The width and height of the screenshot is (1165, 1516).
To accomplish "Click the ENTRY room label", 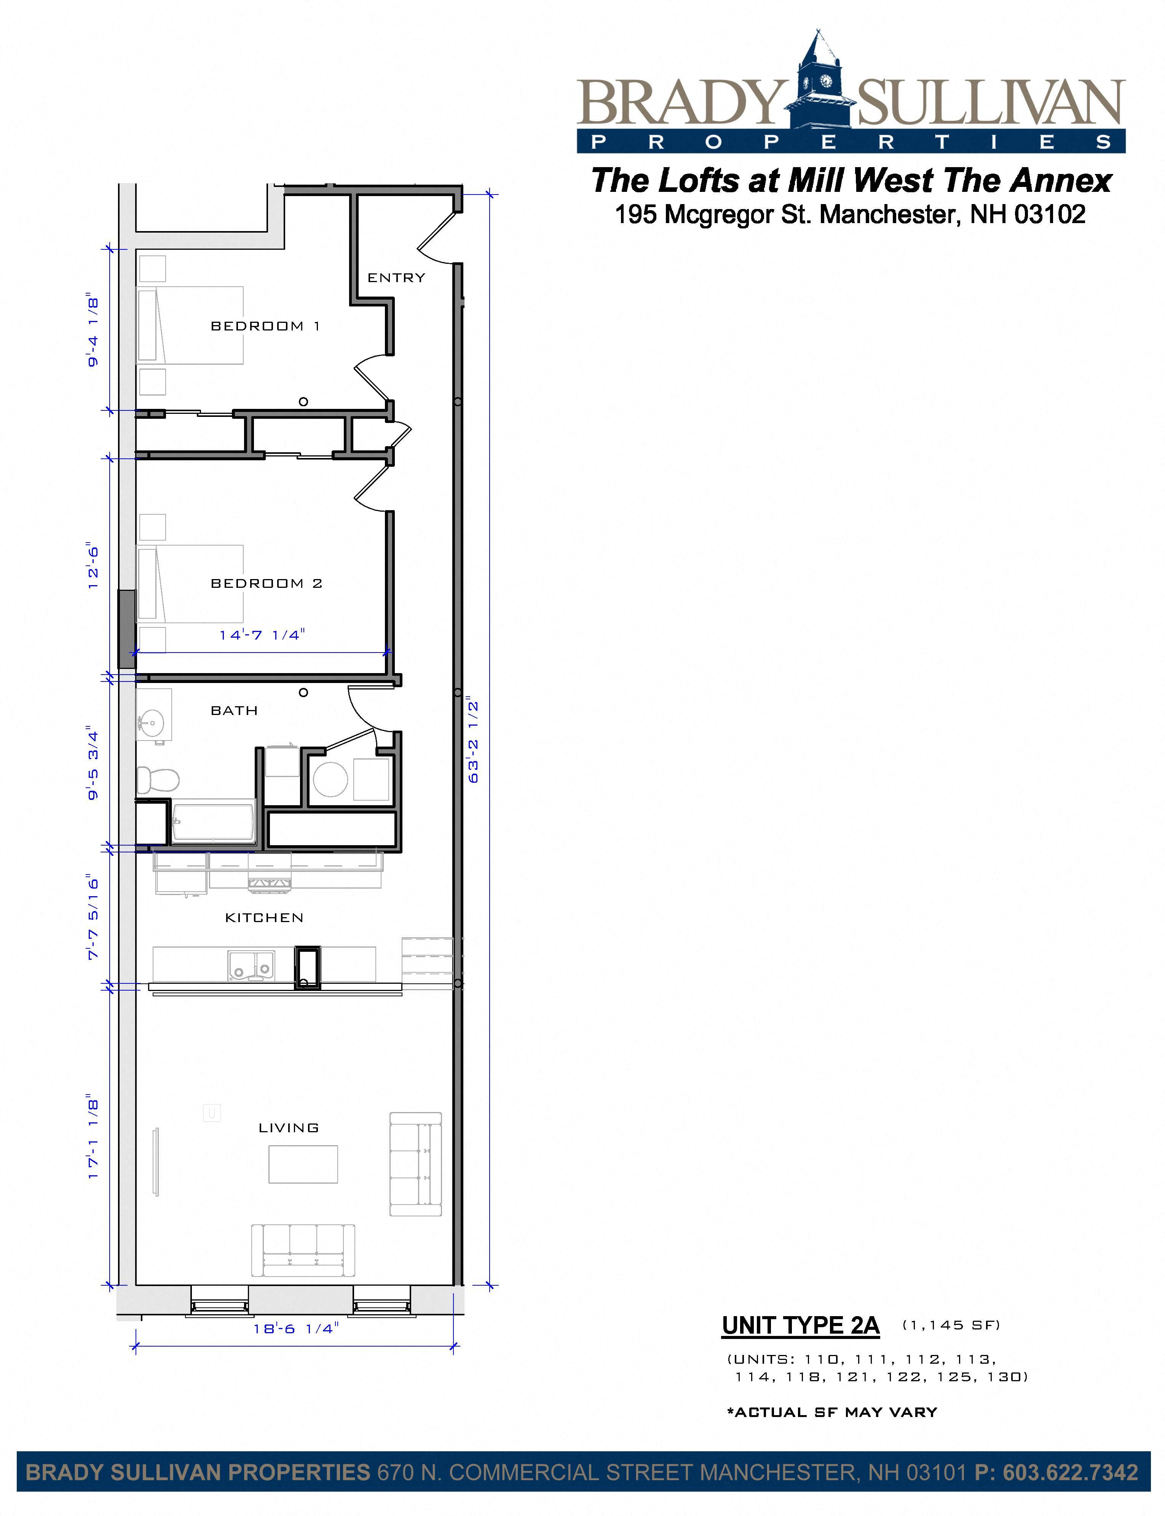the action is (x=396, y=278).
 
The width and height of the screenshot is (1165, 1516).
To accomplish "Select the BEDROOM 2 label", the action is (x=266, y=583).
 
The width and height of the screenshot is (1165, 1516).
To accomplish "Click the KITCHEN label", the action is (x=264, y=918).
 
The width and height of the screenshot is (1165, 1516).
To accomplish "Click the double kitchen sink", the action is (x=251, y=965).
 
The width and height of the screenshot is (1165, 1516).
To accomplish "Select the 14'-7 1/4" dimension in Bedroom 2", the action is (x=262, y=635).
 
